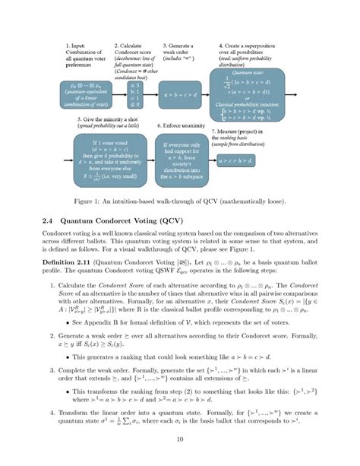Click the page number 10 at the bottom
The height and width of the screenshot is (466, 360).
click(x=180, y=439)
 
